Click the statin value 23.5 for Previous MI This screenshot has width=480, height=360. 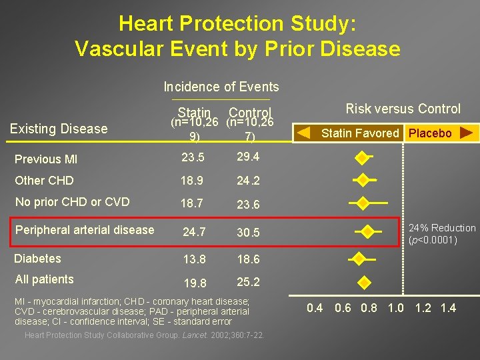(x=193, y=159)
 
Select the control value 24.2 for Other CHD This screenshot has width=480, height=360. (x=247, y=181)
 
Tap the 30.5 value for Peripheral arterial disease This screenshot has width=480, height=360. (x=247, y=233)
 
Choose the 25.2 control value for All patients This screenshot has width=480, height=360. (x=247, y=282)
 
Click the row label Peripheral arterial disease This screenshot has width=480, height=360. (x=85, y=230)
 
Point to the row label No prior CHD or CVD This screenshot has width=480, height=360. (x=72, y=202)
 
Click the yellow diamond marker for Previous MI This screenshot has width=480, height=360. (x=361, y=158)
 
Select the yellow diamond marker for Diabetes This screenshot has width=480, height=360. (x=359, y=259)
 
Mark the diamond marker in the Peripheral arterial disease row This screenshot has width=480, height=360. (x=367, y=232)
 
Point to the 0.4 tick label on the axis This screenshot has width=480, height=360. (x=314, y=308)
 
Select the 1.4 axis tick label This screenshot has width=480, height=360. (x=448, y=308)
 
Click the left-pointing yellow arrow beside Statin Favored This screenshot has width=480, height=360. (x=303, y=133)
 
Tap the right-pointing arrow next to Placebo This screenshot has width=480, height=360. (x=467, y=133)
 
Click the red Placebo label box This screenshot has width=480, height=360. (x=430, y=133)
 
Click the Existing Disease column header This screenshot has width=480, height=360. (x=59, y=129)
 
